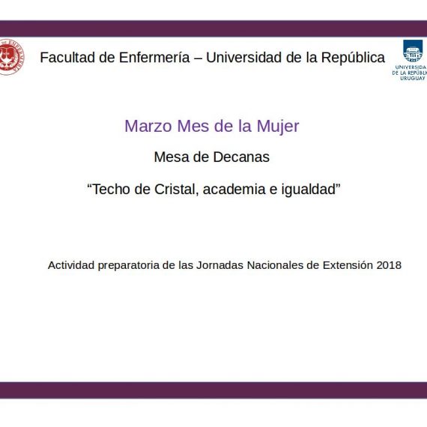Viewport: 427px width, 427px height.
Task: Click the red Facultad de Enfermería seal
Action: (x=11, y=57)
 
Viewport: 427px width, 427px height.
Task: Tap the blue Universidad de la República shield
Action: (x=413, y=51)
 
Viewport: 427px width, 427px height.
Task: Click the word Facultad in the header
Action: (x=67, y=58)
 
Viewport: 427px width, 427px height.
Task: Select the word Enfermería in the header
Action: (x=154, y=58)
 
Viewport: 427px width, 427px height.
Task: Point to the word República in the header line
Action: (x=353, y=58)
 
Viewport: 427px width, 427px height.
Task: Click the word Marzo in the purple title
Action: (x=148, y=126)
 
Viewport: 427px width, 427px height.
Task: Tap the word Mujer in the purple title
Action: (x=278, y=127)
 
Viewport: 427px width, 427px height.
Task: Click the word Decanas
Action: (x=241, y=157)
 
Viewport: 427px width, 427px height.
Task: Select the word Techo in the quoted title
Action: (x=111, y=190)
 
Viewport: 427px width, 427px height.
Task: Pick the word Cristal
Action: (x=176, y=190)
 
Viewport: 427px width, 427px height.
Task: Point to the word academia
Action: (x=234, y=190)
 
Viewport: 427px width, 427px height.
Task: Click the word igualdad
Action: (x=309, y=190)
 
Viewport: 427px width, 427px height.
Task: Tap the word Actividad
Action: (x=71, y=265)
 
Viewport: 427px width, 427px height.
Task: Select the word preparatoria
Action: (x=129, y=265)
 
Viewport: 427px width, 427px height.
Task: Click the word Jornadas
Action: (x=219, y=265)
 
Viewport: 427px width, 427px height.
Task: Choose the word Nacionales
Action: (x=275, y=265)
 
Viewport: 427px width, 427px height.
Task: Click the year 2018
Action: (x=389, y=265)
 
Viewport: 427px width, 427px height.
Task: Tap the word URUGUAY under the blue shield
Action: (x=412, y=78)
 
